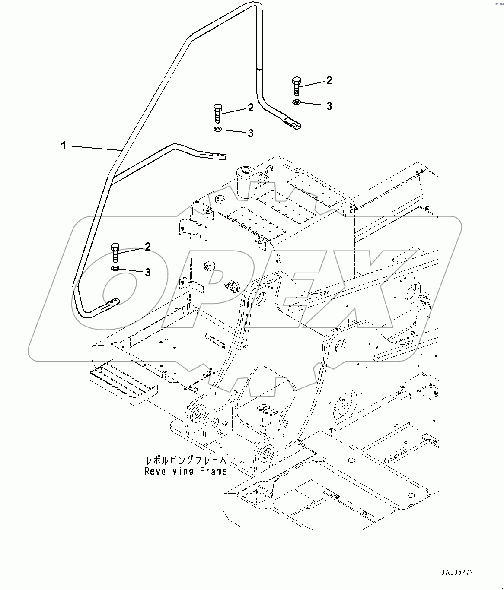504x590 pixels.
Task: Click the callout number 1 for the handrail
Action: pyautogui.click(x=64, y=146)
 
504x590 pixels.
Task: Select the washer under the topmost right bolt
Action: pyautogui.click(x=297, y=102)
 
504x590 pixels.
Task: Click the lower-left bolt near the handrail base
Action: pyautogui.click(x=115, y=252)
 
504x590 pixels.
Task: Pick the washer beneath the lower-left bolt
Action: pyautogui.click(x=115, y=269)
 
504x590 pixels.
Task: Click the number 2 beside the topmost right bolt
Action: pyautogui.click(x=329, y=80)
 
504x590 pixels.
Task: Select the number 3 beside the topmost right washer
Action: pyautogui.click(x=329, y=106)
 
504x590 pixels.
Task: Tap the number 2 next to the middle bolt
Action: pyautogui.click(x=251, y=108)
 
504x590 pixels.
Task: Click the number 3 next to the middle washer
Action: pyautogui.click(x=251, y=134)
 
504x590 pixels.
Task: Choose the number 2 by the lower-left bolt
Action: pyautogui.click(x=148, y=247)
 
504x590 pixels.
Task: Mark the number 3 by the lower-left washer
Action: pyautogui.click(x=148, y=273)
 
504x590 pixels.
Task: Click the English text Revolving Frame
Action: pyautogui.click(x=185, y=471)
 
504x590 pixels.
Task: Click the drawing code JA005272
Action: pyautogui.click(x=457, y=573)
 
